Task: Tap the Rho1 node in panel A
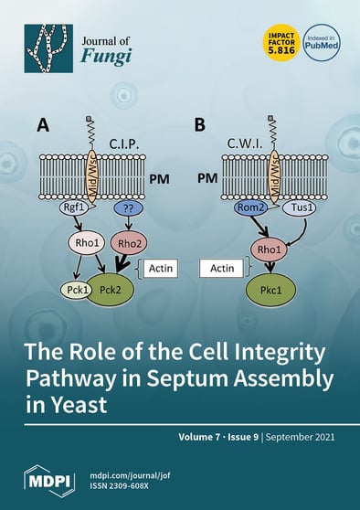coord(82,244)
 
